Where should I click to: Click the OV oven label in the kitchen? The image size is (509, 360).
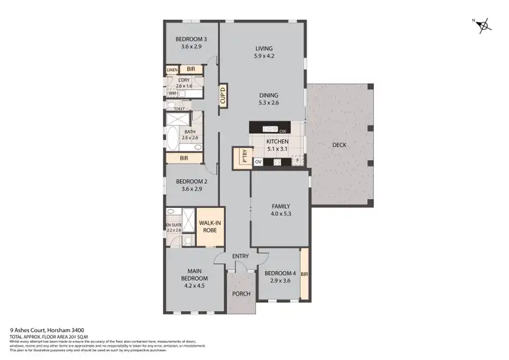point(258,162)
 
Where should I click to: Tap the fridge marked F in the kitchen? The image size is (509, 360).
point(297,162)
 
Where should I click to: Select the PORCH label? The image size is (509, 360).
point(241,293)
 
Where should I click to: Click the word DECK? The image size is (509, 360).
point(340,145)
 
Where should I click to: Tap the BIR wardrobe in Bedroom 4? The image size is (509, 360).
point(305,274)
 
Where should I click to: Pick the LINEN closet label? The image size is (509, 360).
point(172,70)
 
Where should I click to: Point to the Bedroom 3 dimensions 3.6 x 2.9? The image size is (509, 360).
point(191,46)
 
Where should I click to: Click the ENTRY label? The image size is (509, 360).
point(240,256)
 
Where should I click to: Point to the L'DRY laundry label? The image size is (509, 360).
point(184,82)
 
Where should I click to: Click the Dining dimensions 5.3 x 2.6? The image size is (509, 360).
point(268,103)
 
